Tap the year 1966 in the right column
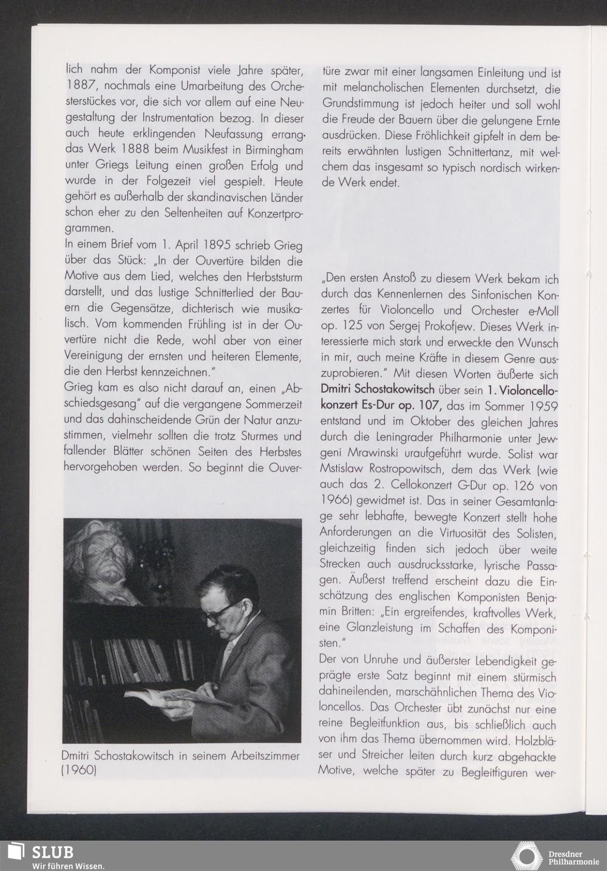point(333,502)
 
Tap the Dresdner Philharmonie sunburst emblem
point(527,855)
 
